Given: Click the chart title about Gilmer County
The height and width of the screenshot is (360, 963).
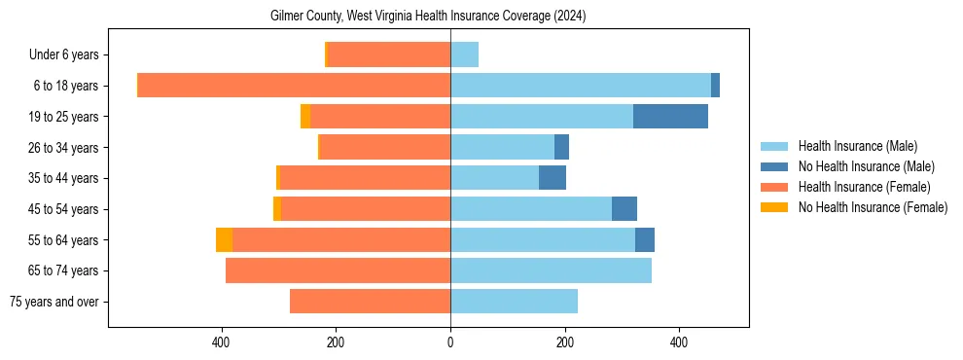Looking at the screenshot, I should tap(428, 17).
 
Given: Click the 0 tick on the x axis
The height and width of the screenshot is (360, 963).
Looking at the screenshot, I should tap(450, 342).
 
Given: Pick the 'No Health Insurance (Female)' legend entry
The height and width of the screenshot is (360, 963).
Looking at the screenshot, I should tap(873, 207).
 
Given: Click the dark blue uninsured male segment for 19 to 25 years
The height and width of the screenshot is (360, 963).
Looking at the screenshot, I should tap(670, 117).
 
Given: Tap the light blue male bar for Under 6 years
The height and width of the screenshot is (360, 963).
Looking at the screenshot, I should tap(464, 54).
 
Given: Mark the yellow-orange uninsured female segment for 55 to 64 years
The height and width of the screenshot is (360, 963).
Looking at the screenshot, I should tap(224, 240).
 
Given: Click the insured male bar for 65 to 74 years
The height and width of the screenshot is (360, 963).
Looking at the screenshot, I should tap(551, 270).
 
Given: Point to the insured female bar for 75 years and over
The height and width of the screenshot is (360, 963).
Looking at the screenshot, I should tap(370, 302).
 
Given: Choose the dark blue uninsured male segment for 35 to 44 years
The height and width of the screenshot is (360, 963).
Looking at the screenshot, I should tap(553, 178).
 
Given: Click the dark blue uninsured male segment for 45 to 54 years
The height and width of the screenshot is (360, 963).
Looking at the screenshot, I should tap(624, 209).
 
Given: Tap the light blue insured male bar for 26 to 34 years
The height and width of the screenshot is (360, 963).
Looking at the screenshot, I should tap(502, 147).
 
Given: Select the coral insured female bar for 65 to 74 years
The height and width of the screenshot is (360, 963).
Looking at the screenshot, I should tap(338, 270).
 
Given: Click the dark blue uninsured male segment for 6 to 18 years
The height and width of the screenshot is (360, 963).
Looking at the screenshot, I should tap(715, 86).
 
